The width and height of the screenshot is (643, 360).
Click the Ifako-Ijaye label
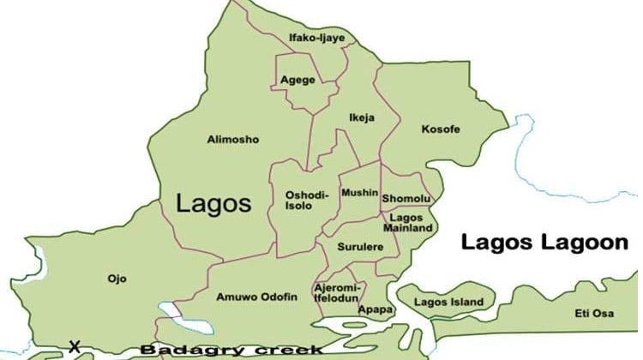(315, 38)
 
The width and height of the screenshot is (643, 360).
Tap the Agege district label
(297, 81)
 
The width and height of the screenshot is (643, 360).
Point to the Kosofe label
(441, 129)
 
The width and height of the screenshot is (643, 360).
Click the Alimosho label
(232, 139)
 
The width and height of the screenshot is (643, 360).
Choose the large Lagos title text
(213, 203)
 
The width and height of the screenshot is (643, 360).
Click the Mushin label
(359, 193)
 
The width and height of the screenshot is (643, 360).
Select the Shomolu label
(406, 198)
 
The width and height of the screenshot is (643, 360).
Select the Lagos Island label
(448, 302)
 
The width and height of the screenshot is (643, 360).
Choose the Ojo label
(117, 278)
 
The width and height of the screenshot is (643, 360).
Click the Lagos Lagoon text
(544, 243)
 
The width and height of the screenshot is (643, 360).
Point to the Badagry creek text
(231, 349)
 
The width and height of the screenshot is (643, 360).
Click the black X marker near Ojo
(75, 346)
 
